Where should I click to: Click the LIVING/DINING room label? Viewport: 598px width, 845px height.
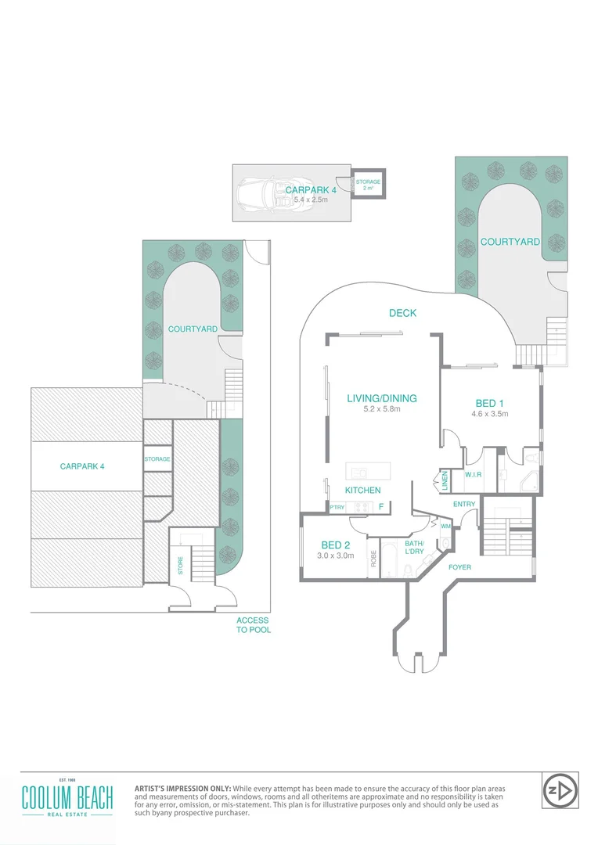point(382,398)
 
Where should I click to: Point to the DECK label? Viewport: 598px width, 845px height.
point(402,313)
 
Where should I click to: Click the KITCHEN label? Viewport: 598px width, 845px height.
point(362,491)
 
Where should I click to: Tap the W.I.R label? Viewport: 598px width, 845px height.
point(472,474)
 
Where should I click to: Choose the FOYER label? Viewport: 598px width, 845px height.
point(459,566)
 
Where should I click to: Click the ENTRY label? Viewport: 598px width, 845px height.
point(463,504)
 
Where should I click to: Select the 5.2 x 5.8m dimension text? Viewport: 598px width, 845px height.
point(382,409)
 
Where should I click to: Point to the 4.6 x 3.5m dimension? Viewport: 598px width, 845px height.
point(490,414)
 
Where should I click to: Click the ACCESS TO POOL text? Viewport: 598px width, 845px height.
point(254,625)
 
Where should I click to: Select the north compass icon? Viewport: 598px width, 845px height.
point(560,790)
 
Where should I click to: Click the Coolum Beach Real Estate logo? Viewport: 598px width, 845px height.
point(67,798)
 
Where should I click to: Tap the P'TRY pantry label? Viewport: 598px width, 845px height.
point(337,507)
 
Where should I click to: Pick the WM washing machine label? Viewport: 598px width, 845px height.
point(445,527)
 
